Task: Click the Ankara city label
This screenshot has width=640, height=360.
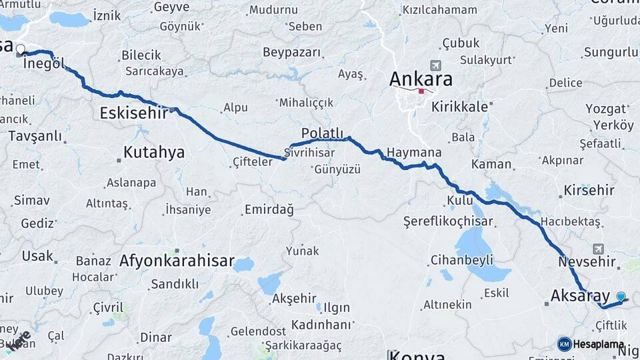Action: [x=421, y=79]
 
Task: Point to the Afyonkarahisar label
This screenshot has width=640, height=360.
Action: [x=177, y=261]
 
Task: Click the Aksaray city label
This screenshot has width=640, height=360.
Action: [x=580, y=295]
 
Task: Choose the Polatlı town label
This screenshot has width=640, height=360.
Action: [x=322, y=133]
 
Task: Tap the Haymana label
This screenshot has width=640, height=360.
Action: [x=413, y=153]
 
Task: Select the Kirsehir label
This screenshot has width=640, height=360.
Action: [x=589, y=191]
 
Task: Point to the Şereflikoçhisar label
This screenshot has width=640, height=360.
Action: [x=448, y=221]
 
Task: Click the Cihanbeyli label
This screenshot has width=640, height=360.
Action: [x=461, y=259]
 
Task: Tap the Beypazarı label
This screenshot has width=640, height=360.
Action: [x=291, y=52]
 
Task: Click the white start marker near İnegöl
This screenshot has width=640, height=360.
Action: [x=20, y=49]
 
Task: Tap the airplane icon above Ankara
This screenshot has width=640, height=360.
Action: [x=436, y=65]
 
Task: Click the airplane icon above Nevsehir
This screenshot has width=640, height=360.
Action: [x=597, y=247]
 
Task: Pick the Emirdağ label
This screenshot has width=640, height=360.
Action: [x=269, y=209]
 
